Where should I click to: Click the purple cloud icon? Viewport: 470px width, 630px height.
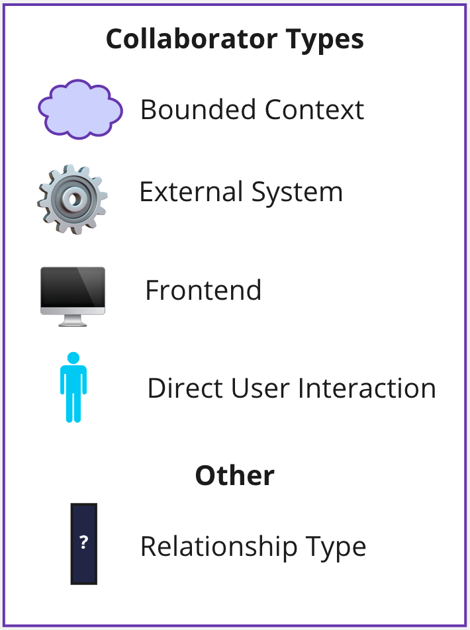80,109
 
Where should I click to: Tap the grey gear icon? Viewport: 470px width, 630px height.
72,200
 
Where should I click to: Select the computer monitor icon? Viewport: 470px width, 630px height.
72,295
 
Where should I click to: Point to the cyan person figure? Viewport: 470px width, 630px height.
73,388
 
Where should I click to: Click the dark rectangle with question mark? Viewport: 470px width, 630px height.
84,543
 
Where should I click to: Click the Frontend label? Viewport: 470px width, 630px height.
203,291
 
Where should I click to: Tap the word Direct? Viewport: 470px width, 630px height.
185,388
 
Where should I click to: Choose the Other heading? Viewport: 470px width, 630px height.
234,475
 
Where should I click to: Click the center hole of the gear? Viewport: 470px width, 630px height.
73,199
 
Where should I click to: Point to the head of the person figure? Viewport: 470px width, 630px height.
73,358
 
